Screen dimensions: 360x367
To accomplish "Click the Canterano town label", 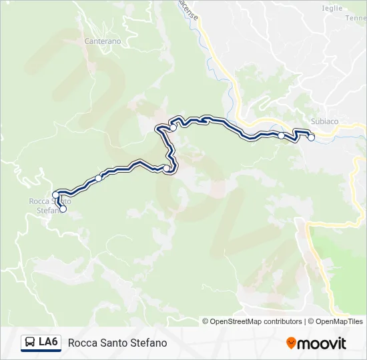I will pos(103,41).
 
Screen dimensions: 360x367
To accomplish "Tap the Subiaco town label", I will pos(325,121).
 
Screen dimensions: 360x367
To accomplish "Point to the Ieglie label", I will pos(332,8).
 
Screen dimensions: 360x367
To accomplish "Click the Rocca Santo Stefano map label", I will pos(49,205).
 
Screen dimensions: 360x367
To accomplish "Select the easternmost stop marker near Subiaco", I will pos(311,137).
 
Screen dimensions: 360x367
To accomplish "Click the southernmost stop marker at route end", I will pos(63,209).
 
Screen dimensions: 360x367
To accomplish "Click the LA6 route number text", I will pos(48,343).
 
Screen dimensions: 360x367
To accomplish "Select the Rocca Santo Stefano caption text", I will pos(117,343).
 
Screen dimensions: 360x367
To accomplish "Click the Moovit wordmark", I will pos(322,343).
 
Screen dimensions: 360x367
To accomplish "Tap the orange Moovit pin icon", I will pos(292,343).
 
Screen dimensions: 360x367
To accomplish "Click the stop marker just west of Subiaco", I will pos(282,135).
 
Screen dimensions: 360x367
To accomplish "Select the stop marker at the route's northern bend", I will pos(173,127).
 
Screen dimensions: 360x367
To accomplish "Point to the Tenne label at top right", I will pos(356,18).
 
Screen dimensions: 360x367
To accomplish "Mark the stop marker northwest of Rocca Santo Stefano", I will pos(55,195).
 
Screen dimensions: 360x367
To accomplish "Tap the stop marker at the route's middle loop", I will pos(166,169).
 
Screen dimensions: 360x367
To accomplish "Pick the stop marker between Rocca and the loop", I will pos(99,177).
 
